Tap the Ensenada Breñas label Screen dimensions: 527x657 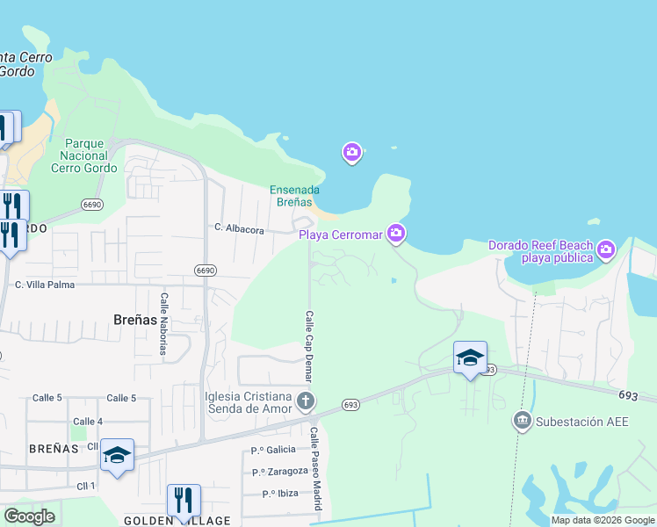pyautogui.click(x=294, y=195)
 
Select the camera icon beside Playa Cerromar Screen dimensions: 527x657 pyautogui.click(x=396, y=232)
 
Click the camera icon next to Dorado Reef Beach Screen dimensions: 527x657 pyautogui.click(x=606, y=252)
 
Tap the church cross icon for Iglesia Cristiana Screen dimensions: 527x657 pyautogui.click(x=305, y=402)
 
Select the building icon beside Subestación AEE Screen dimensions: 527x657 pyautogui.click(x=523, y=422)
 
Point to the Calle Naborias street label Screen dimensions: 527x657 pyautogui.click(x=163, y=325)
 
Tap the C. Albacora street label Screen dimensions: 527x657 pyautogui.click(x=239, y=228)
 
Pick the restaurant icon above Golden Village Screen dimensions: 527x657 pyautogui.click(x=184, y=501)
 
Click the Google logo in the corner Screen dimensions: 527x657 pyautogui.click(x=29, y=516)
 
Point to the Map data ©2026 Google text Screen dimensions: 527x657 pyautogui.click(x=602, y=521)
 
